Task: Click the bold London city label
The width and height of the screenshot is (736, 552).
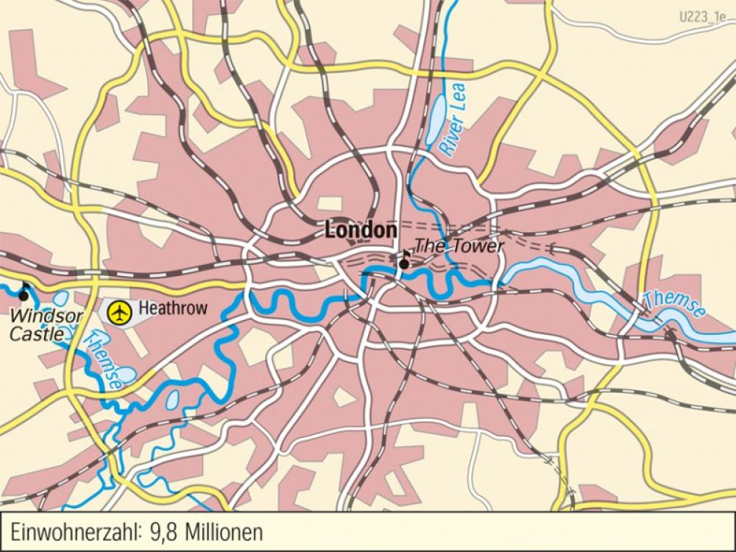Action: pos(361,230)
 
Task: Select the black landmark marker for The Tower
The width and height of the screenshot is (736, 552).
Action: pos(404,261)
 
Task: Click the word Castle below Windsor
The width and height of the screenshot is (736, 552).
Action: pos(32,335)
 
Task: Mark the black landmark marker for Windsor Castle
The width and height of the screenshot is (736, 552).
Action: pos(24,294)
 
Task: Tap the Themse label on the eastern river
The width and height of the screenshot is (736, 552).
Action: pos(673,303)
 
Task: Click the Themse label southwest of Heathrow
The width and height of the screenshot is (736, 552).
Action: pos(102,358)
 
